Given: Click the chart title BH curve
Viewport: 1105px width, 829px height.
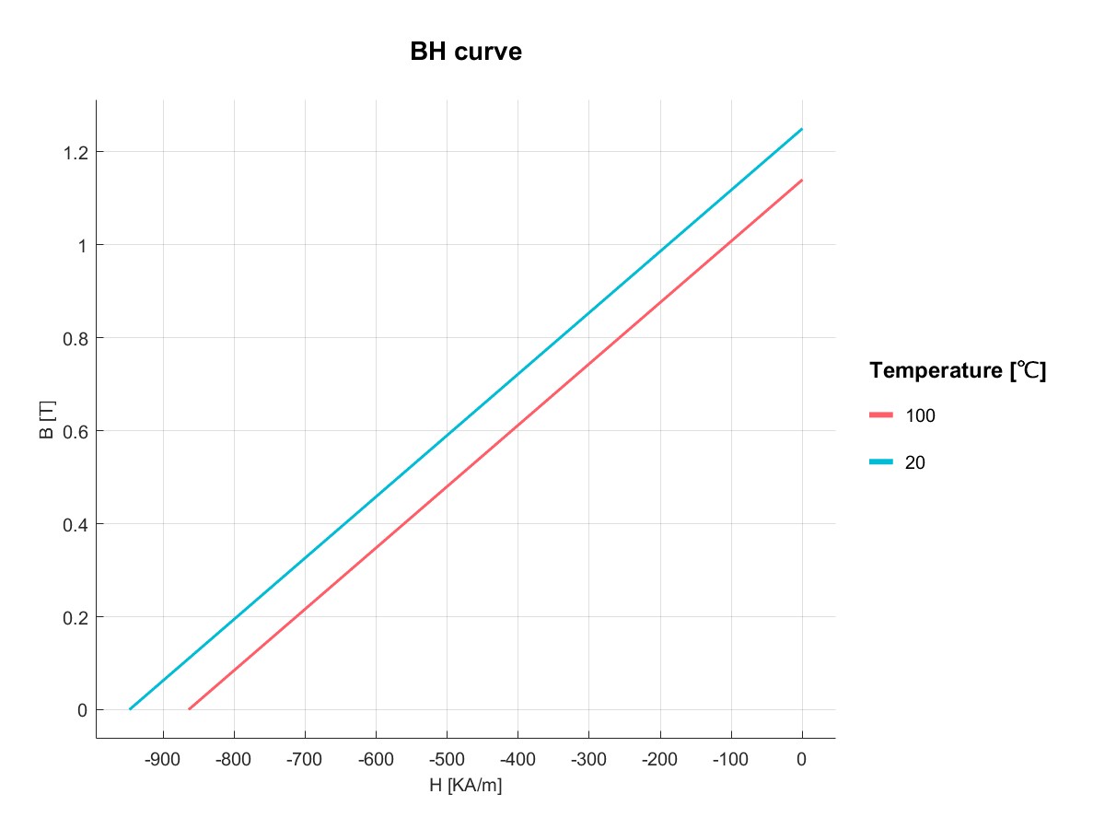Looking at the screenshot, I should [466, 53].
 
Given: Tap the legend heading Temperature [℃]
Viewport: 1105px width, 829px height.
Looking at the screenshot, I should [958, 371].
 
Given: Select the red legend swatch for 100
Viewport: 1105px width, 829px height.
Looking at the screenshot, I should [882, 415].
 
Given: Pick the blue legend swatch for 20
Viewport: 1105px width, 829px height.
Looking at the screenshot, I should [882, 462].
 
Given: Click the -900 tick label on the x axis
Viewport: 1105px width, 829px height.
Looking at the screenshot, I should [163, 761].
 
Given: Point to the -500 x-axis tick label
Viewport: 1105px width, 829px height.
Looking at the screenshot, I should [447, 761].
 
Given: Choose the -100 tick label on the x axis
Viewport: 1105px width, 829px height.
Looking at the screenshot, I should [730, 761].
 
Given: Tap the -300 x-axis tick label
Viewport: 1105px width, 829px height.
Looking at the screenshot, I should [588, 761].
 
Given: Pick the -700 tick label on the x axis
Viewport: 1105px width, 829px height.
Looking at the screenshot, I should [305, 761].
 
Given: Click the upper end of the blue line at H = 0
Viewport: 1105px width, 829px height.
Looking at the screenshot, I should [802, 129].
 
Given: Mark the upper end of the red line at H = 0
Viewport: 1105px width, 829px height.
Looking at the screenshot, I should [802, 180].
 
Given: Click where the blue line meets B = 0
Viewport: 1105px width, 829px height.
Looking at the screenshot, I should [130, 709].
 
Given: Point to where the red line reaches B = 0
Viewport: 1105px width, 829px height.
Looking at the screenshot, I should [189, 709].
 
